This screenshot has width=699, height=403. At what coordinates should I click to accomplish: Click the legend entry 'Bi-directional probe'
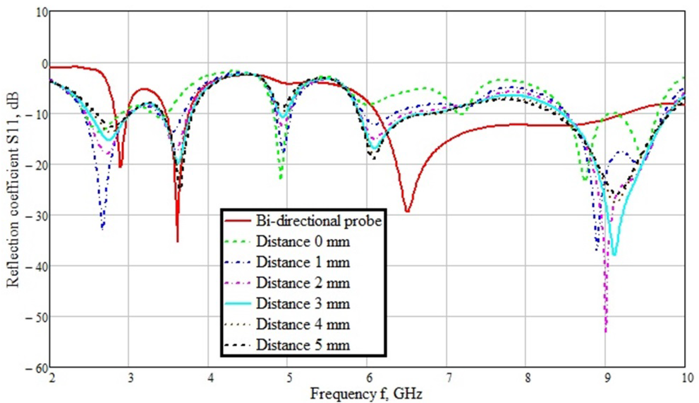click(x=319, y=221)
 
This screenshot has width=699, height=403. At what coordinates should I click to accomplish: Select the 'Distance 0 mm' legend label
click(x=303, y=242)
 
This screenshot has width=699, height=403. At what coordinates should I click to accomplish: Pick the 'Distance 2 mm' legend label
click(x=303, y=283)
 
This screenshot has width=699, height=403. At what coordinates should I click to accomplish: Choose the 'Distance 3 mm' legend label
click(x=303, y=304)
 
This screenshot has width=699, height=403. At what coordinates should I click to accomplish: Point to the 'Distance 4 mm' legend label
click(x=303, y=324)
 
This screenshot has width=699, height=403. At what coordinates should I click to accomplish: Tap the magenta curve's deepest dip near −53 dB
click(x=606, y=331)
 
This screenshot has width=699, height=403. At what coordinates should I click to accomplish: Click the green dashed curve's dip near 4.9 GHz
click(x=281, y=178)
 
